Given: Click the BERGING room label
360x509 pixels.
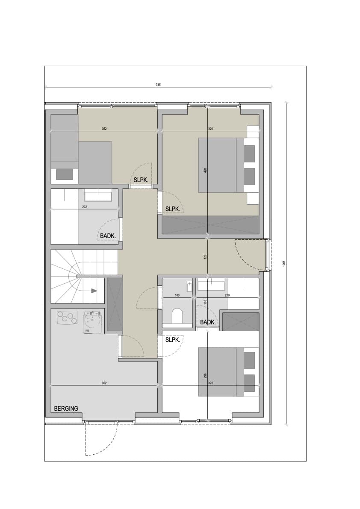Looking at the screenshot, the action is tap(66, 409).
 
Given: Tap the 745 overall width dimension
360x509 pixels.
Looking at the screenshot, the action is tap(158, 85).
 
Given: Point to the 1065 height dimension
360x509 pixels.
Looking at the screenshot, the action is tap(284, 264).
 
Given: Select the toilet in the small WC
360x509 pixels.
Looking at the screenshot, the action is tap(177, 315).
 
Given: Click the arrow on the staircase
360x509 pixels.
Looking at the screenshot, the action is tap(94, 291).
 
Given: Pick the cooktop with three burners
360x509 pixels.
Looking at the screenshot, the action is tap(67, 318).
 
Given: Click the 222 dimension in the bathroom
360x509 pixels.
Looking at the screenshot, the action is tap(85, 206).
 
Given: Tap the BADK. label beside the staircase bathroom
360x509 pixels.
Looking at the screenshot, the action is tap(108, 236).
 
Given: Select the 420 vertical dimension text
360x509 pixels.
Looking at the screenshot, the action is tap(205, 170).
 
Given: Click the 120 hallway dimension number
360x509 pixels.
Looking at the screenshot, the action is tap(205, 257).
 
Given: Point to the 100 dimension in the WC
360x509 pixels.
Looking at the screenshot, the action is tap(177, 295).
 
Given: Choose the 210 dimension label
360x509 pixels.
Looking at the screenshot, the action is tap(227, 295).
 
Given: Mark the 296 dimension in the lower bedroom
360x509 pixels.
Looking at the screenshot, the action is tap(205, 376).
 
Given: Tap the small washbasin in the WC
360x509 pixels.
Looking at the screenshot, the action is tap(190, 286).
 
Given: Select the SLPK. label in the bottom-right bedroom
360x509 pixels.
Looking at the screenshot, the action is tap(173, 340).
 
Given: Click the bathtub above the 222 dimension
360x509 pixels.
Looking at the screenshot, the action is tap(98, 196).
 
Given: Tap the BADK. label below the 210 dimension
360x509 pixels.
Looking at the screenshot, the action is tap(208, 322).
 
